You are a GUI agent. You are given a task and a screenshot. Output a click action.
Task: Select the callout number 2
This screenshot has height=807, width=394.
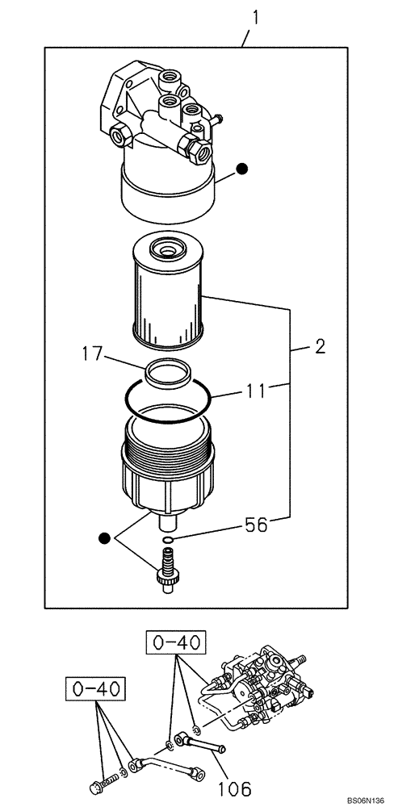(320, 348)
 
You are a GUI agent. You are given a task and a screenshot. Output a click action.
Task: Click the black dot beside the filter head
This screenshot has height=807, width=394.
(241, 169)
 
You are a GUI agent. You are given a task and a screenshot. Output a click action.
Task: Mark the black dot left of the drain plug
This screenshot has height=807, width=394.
(103, 537)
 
